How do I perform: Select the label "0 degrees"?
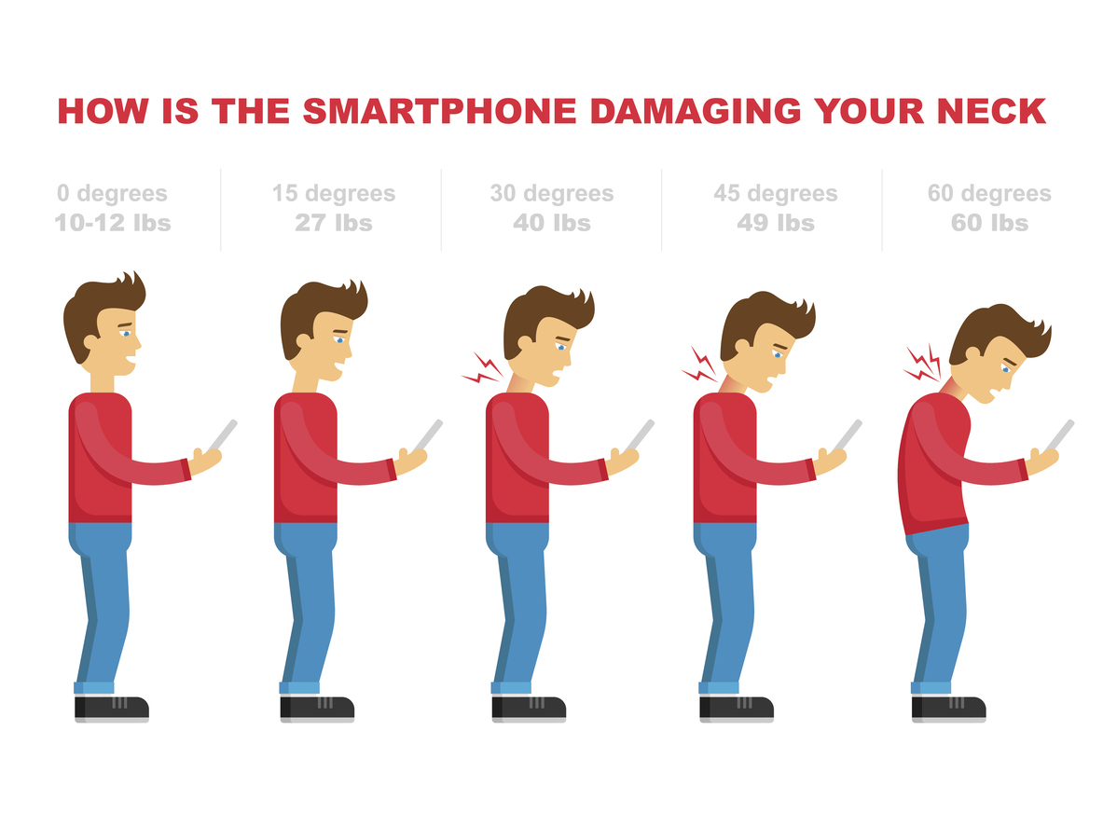pos(113,193)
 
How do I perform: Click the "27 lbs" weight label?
pos(334,222)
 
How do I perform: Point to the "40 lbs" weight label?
pos(552,222)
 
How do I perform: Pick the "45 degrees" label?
pos(775,193)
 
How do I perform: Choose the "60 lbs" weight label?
pos(990,222)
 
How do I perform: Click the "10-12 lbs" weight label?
pos(113,222)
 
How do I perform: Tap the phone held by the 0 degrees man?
pos(222,436)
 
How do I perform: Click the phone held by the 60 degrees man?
pos(1058,436)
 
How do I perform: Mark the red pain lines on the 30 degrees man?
pos(483,368)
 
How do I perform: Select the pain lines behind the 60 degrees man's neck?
pos(922,363)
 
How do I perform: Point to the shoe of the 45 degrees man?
pos(737,709)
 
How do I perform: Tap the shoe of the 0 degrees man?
pos(112,709)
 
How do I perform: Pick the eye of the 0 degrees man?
pos(126,334)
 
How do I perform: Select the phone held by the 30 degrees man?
pos(639,436)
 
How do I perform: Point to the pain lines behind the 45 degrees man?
pos(700,365)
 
